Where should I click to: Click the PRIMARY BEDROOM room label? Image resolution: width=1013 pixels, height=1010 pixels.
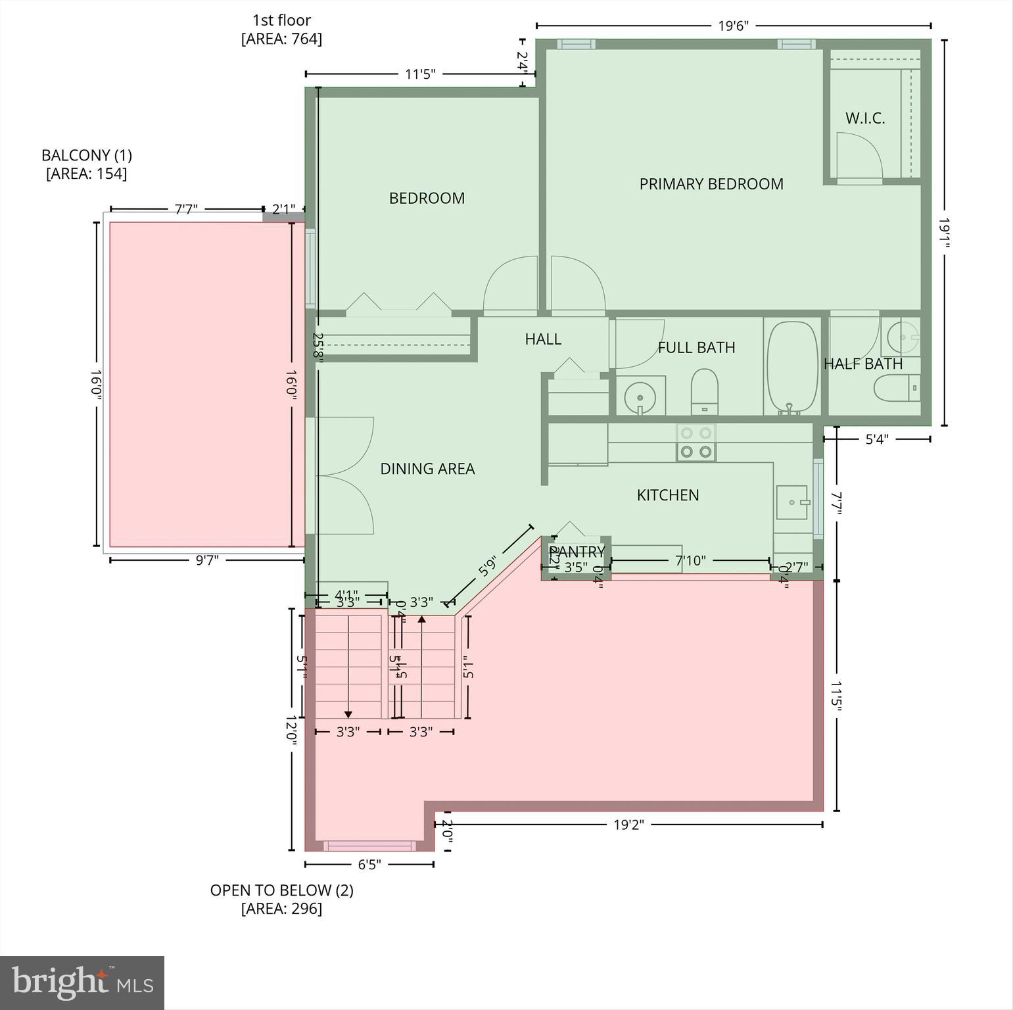point(711,184)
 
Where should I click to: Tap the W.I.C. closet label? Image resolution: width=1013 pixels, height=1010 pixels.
point(864,118)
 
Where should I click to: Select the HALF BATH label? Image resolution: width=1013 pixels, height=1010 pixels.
point(862,364)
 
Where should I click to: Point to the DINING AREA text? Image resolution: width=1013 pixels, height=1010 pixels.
point(427,469)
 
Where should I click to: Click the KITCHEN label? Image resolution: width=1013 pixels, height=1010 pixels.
point(667,495)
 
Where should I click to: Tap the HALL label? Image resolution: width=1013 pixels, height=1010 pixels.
point(543,339)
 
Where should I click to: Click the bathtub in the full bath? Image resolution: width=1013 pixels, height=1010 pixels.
point(792,367)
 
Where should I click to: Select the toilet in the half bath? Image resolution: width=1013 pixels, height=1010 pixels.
point(895,388)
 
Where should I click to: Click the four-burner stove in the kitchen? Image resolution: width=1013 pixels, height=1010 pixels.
point(696,443)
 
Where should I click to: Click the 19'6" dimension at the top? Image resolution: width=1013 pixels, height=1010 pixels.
point(733,26)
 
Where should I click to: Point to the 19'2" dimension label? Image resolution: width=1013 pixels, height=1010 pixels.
point(628,825)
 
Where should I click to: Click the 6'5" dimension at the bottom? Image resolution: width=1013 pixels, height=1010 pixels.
point(369,864)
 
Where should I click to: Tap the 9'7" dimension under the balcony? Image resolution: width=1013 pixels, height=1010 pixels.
point(207,560)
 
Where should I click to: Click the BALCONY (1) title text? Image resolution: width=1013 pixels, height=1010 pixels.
point(87,156)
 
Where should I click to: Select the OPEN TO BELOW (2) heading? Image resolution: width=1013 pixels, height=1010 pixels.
point(281,890)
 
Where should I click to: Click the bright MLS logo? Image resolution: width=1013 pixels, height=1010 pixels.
point(82,982)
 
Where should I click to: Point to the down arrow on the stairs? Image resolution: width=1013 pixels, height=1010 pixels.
point(348,713)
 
